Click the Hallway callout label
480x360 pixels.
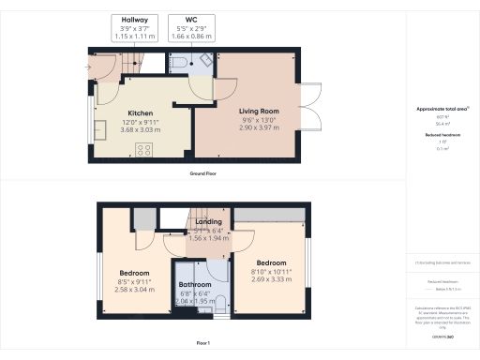click(131, 19)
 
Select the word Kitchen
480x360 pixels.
click(141, 113)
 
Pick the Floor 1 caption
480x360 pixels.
click(203, 344)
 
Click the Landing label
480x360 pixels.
click(207, 222)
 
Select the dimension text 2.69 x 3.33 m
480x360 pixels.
click(273, 279)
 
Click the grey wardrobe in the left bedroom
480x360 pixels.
click(143, 218)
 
